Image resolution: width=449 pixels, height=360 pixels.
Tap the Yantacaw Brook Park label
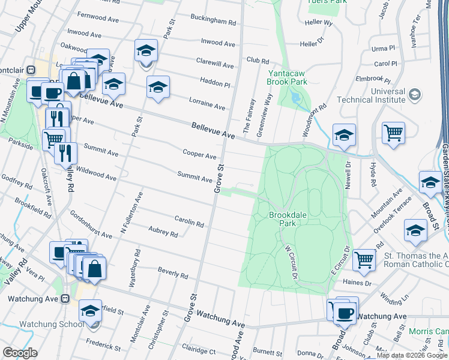(286, 77)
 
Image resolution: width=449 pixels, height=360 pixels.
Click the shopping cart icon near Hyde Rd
(393, 132)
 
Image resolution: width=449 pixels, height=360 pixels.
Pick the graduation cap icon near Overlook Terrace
(416, 230)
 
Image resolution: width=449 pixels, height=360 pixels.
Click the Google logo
(20, 353)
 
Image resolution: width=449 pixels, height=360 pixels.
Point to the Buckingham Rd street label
(213, 21)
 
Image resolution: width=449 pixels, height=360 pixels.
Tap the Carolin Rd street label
(189, 222)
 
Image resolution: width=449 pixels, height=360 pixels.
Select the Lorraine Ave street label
(207, 104)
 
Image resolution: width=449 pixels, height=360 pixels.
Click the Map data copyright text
(411, 355)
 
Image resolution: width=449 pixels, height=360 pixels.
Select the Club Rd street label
(257, 60)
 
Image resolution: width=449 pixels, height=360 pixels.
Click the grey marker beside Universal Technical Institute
(414, 95)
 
